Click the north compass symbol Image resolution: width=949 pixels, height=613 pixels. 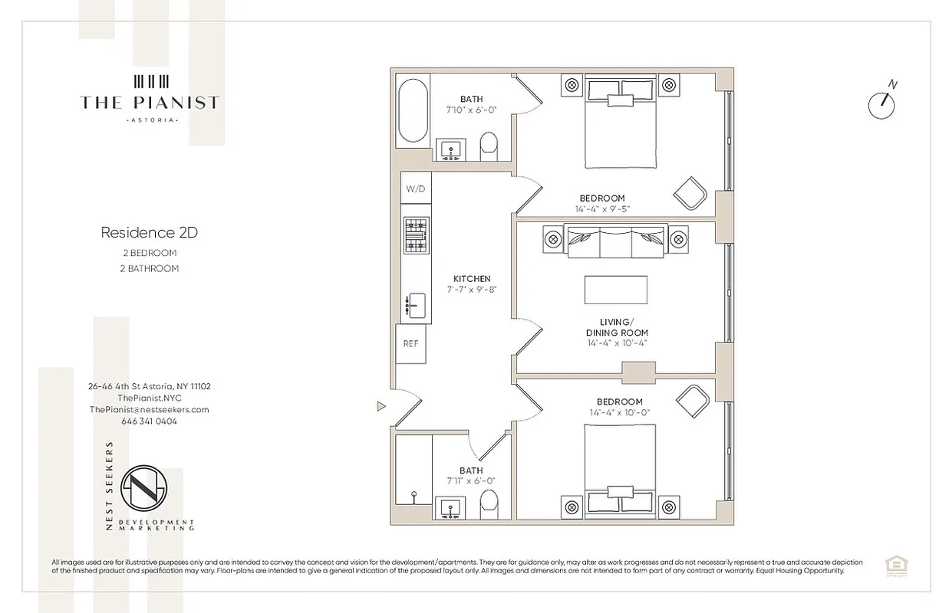[881, 104]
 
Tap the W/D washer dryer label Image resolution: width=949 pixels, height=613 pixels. [415, 188]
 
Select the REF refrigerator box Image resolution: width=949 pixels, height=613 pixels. [410, 343]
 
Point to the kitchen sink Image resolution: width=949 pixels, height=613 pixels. [415, 305]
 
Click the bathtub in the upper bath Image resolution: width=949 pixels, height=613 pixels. [412, 113]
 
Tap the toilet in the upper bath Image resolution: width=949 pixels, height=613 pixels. [489, 146]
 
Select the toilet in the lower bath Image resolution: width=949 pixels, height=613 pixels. [489, 505]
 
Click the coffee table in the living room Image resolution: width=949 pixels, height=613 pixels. [615, 290]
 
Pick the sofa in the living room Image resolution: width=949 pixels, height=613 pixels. [615, 240]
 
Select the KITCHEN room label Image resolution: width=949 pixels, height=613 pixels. [472, 279]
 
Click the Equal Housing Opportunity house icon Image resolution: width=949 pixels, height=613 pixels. [893, 565]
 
